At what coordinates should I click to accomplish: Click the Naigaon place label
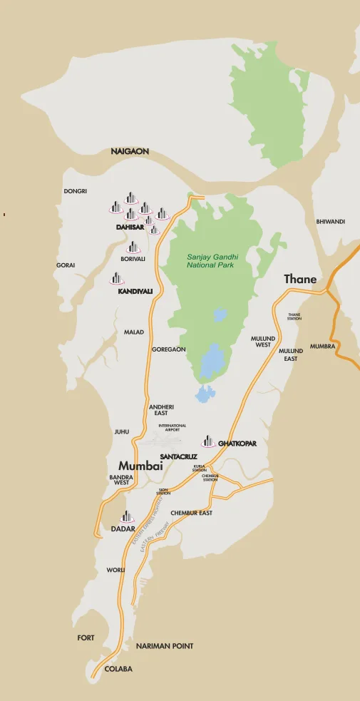[x=130, y=152]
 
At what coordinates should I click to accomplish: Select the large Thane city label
[x=300, y=280]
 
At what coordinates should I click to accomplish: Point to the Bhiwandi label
[x=330, y=222]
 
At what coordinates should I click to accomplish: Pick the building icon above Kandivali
[x=116, y=278]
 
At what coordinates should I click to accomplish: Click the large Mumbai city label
[x=140, y=466]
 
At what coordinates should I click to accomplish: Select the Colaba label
[x=118, y=670]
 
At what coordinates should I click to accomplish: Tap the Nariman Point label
[x=165, y=646]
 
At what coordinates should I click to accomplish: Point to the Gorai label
[x=66, y=265]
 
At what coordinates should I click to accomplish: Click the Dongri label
[x=75, y=192]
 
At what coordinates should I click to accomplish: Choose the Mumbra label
[x=322, y=347]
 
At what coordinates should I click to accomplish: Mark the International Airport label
[x=173, y=428]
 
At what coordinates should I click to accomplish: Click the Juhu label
[x=122, y=431]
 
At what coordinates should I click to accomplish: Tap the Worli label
[x=115, y=570]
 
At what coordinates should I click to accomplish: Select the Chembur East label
[x=191, y=513]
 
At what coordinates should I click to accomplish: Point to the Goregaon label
[x=169, y=349]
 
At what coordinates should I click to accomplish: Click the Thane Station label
[x=294, y=317]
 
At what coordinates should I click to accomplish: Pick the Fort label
[x=86, y=638]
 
